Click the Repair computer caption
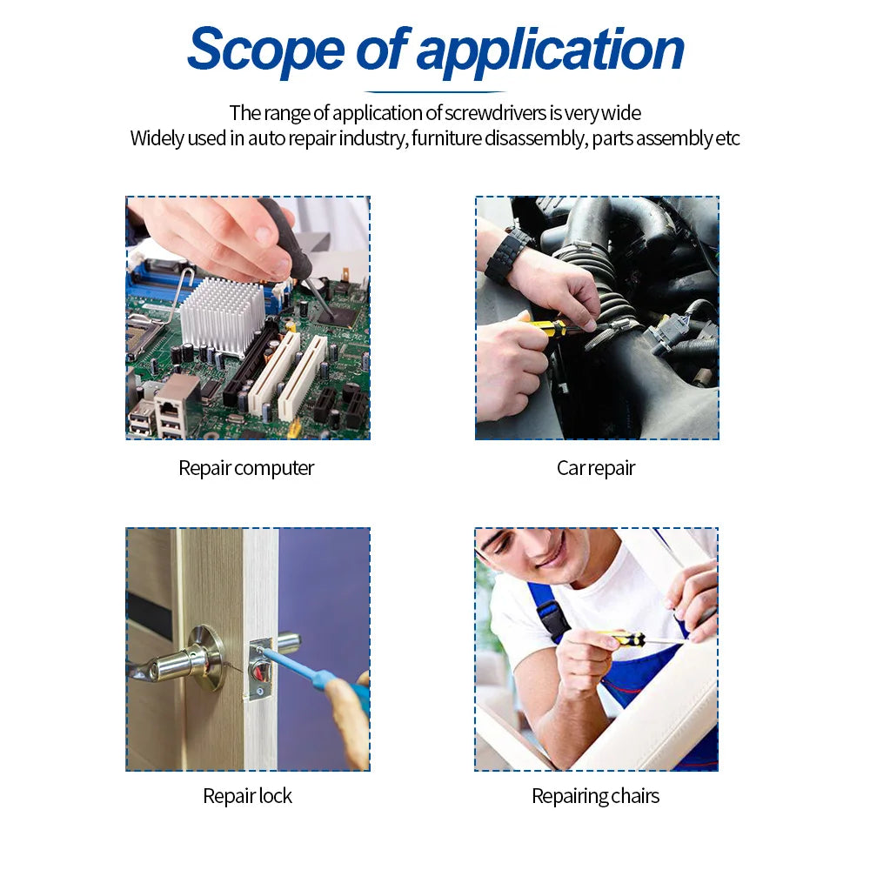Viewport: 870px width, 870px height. click(246, 468)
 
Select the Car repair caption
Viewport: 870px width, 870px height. click(596, 468)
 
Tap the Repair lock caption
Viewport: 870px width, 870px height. click(247, 796)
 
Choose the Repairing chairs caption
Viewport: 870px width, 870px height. click(596, 796)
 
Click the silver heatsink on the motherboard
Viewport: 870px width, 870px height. click(222, 315)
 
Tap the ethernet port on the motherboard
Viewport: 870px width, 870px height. click(175, 403)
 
